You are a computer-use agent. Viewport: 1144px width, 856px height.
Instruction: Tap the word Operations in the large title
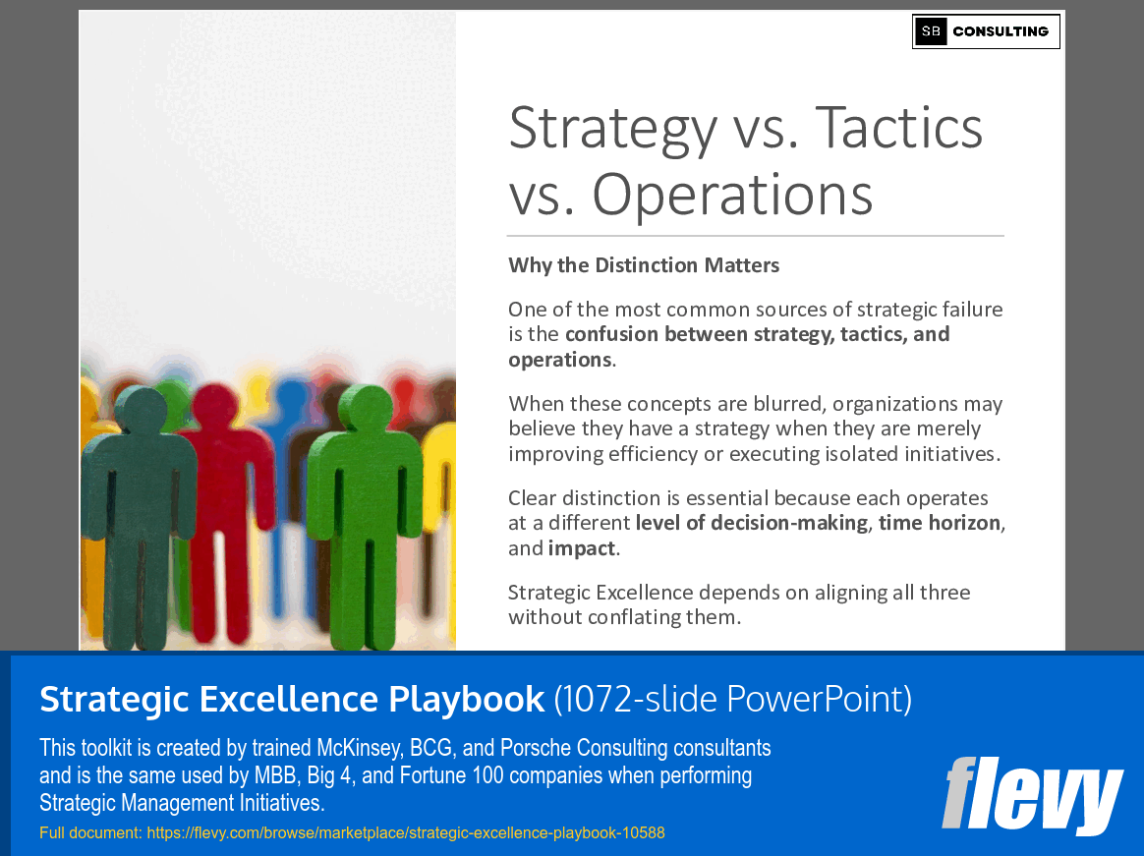point(732,194)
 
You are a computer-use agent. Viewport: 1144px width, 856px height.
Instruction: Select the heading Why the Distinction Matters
point(644,265)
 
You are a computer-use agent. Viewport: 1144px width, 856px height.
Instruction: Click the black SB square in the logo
point(931,31)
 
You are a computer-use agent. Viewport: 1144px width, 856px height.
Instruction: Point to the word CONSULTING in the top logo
point(1001,31)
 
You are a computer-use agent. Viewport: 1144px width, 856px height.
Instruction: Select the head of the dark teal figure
point(142,411)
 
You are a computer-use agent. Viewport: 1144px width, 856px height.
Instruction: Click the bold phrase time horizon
point(940,523)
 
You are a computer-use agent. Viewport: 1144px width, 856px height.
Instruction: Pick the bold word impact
point(581,548)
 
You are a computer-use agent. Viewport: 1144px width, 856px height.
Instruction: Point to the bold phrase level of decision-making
point(752,523)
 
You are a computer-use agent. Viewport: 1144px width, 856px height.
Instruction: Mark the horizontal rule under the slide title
point(755,236)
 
